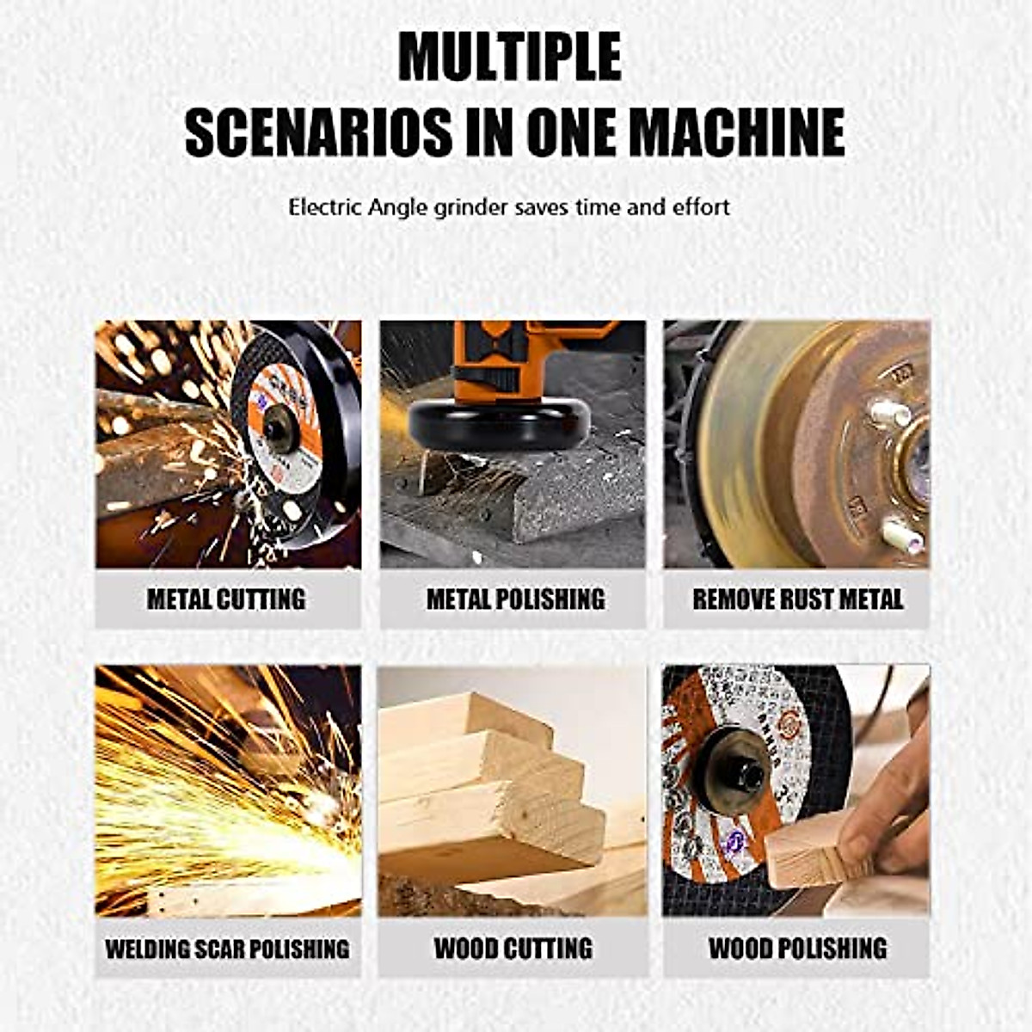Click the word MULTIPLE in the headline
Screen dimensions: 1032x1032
(509, 57)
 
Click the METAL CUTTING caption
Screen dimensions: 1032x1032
(226, 599)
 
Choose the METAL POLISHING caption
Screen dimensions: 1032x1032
(515, 599)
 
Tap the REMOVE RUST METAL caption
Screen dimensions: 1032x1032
(797, 599)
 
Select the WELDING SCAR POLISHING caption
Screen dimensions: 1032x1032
(227, 949)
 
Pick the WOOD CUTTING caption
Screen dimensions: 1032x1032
(513, 949)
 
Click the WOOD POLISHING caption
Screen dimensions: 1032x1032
(797, 949)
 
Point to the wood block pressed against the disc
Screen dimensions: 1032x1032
(804, 851)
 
